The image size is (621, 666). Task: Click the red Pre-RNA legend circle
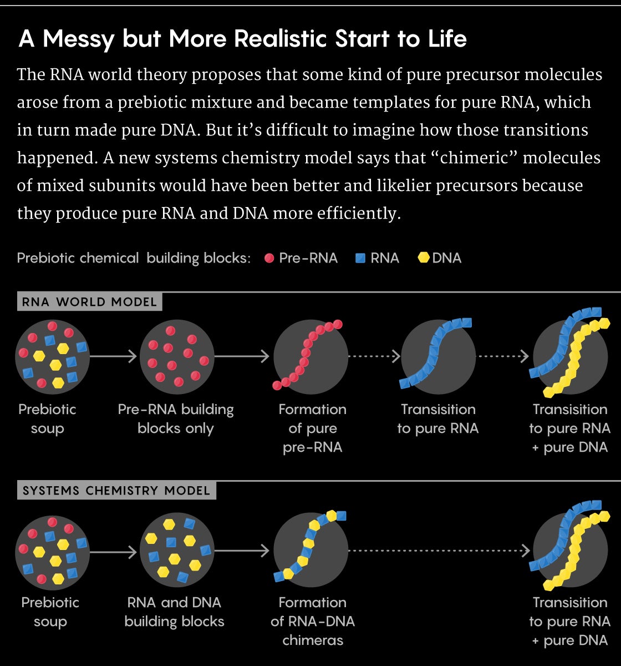point(269,258)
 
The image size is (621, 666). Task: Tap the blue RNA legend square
point(360,258)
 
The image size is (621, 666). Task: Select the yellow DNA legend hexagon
point(424,258)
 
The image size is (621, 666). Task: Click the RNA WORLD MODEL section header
point(89,302)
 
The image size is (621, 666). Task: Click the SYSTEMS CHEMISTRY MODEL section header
point(116,491)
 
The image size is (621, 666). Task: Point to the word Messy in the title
point(79,39)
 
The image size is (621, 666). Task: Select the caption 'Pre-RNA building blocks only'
point(176,419)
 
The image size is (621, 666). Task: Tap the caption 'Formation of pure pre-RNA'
point(312,428)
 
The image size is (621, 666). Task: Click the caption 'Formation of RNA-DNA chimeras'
point(312,622)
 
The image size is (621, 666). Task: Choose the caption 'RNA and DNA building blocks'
point(174,612)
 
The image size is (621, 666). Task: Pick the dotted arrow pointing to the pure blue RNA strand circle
point(374,356)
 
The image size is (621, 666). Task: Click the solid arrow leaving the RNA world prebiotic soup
point(113,356)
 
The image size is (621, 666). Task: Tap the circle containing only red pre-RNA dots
point(177,356)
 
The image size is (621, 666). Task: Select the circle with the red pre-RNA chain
point(310,356)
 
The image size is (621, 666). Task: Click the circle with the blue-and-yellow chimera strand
point(310,551)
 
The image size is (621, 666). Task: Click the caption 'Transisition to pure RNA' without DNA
point(438,419)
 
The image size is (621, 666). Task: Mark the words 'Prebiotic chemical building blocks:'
point(134,258)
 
